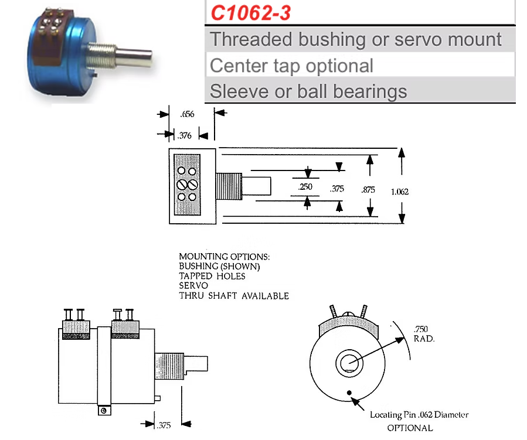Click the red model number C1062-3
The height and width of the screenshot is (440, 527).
tap(250, 13)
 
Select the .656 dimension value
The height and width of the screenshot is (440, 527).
tap(187, 114)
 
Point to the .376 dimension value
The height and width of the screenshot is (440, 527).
tap(185, 135)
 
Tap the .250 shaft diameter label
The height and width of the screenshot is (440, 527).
tap(305, 187)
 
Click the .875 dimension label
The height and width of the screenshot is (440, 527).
tap(368, 190)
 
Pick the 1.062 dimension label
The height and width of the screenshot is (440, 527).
tap(400, 192)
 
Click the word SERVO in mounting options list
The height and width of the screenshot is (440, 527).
tap(193, 285)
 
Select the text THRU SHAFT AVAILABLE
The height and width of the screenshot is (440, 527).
tap(234, 295)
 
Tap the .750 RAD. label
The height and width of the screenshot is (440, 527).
tap(424, 333)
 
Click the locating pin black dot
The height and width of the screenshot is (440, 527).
tap(349, 393)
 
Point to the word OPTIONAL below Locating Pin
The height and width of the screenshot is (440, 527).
tap(410, 428)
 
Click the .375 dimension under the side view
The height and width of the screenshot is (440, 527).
tap(164, 425)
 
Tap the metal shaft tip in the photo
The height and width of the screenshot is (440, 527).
tap(147, 59)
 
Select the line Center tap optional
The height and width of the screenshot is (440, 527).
tap(291, 66)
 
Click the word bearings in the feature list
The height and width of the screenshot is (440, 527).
tap(370, 91)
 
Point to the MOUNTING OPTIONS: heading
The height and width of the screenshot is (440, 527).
tap(224, 257)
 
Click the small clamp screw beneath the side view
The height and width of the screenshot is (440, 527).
tap(104, 411)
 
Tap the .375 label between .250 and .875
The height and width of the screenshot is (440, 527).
tap(336, 189)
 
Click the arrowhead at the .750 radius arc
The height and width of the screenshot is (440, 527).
tap(400, 340)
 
